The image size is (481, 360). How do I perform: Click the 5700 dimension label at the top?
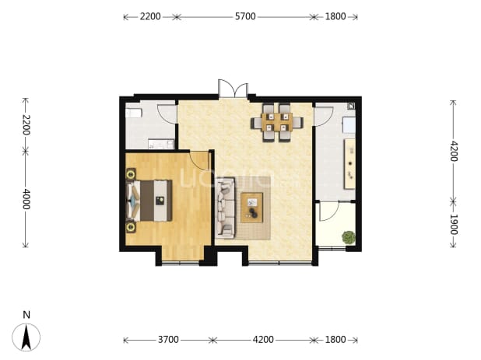pos(245,16)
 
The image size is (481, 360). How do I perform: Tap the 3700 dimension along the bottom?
pos(168,340)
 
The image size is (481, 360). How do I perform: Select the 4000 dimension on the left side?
pos(26,199)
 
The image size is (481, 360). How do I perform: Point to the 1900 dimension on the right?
pos(454,224)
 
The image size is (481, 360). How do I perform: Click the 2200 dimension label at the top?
pos(150,16)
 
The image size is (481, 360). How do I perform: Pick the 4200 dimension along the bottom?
pos(263,340)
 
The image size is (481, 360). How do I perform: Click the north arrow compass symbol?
pos(26,337)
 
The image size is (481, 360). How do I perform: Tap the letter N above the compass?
pos(26,315)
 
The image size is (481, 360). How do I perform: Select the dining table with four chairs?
pos(277,123)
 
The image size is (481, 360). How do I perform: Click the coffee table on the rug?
pos(252,208)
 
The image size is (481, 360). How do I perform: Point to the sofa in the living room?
pos(225,208)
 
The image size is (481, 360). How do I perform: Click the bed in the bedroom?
pos(149,201)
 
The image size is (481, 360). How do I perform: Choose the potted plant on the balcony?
pos(349,237)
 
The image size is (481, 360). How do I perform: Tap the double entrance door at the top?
pos(233,88)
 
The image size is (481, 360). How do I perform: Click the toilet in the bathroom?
pos(134,113)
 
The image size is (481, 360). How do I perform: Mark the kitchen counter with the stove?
pos(349,163)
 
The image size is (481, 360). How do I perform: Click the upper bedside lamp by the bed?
pos(131,174)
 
